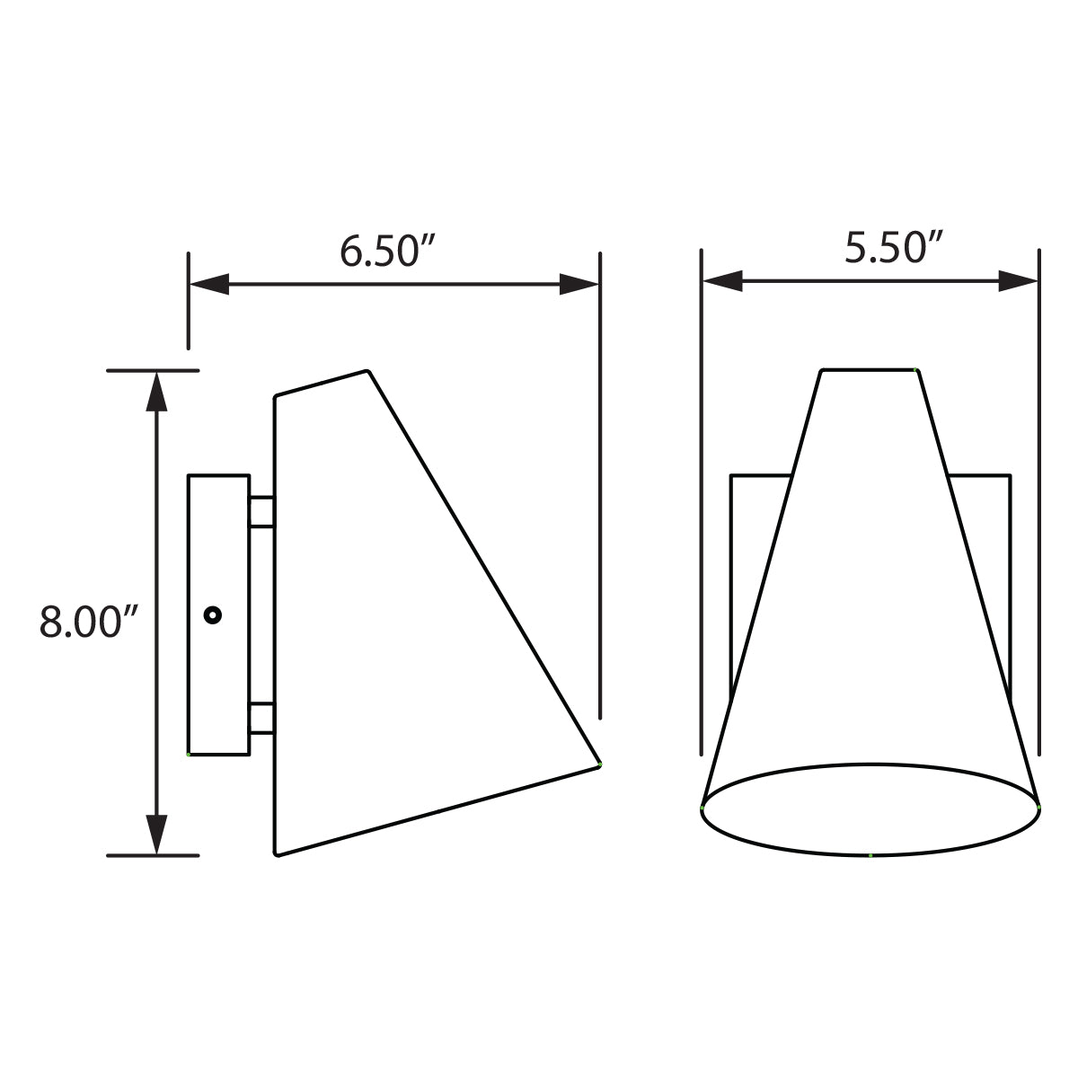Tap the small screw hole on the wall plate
(x=212, y=615)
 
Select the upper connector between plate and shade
(x=261, y=511)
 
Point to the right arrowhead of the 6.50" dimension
(x=579, y=285)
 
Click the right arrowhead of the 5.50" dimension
(x=1019, y=282)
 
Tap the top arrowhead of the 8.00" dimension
(x=157, y=392)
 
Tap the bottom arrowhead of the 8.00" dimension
(x=157, y=835)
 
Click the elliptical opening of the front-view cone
(x=870, y=808)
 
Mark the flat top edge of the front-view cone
(x=869, y=369)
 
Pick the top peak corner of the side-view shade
(x=367, y=370)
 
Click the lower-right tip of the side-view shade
(x=598, y=764)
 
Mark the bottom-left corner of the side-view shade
(x=277, y=853)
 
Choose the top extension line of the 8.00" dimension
(x=153, y=370)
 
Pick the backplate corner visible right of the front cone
(x=1010, y=476)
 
